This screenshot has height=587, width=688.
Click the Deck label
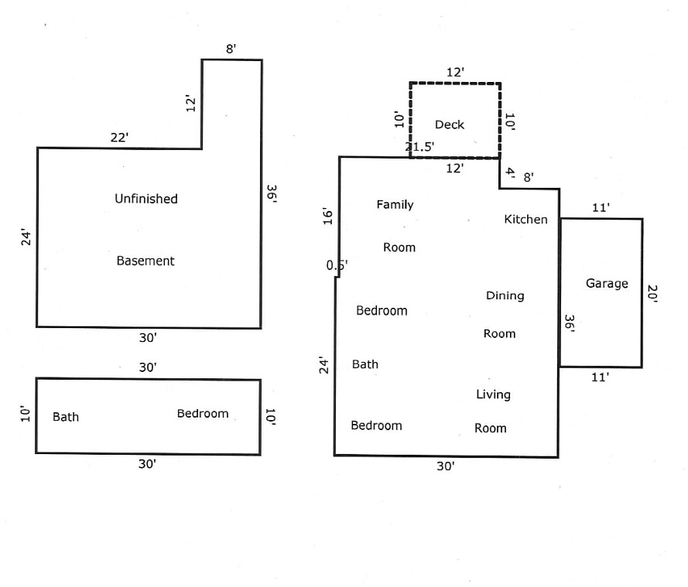449,125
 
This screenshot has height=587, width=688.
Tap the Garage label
607,284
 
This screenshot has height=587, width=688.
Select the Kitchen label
525,220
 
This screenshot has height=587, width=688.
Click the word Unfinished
146,199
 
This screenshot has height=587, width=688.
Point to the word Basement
145,261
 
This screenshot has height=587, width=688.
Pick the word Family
395,205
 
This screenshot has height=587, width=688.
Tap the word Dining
505,295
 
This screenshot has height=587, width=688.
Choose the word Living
493,394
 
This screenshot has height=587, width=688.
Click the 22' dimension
118,138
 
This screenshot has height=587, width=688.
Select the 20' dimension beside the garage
652,295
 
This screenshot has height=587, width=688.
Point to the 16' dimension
327,217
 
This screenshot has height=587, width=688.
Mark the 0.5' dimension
337,265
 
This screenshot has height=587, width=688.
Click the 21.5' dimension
420,147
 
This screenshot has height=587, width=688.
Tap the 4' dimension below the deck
510,173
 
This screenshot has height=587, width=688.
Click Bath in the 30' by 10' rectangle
66,417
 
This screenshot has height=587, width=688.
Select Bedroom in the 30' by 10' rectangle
203,414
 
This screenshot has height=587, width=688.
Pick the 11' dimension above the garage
601,207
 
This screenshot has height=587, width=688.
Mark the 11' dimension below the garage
601,377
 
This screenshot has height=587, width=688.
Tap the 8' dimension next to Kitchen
529,178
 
